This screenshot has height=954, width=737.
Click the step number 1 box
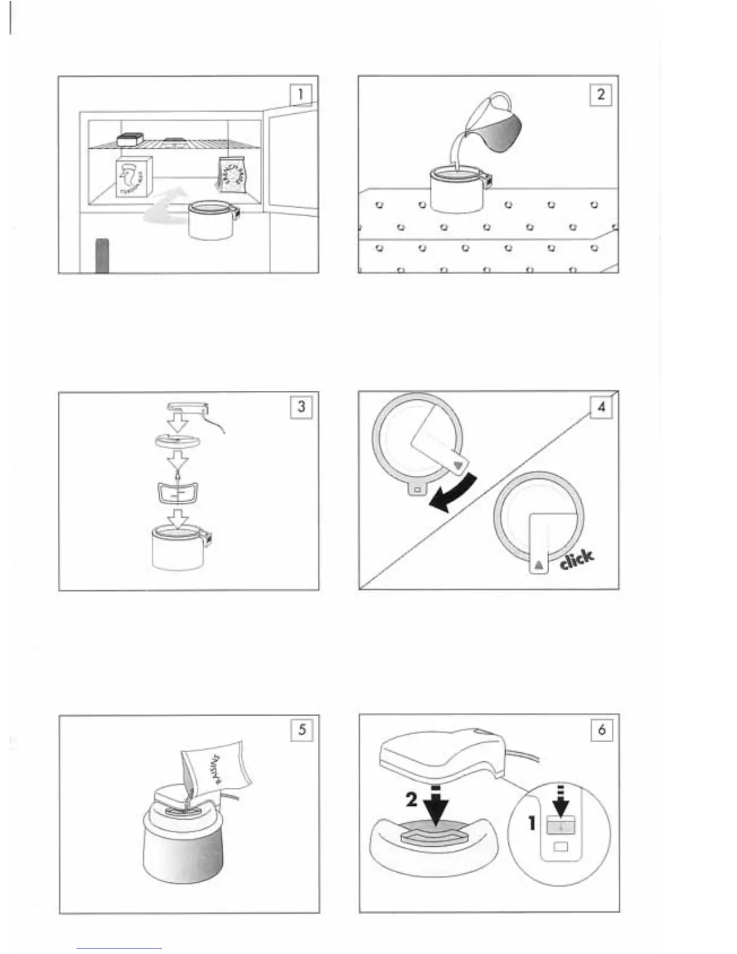point(300,94)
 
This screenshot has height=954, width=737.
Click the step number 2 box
point(600,95)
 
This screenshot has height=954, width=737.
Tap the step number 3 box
point(301,407)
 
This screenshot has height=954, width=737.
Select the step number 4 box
point(601,407)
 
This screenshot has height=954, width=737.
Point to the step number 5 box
point(302,730)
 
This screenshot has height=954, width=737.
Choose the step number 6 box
point(602,730)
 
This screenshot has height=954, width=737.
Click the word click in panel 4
point(576,559)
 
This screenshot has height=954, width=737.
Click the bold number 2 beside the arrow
point(412,799)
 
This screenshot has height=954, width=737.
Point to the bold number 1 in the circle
point(532,822)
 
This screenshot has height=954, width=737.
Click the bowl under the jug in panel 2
point(456,189)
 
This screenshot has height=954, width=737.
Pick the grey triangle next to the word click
point(538,564)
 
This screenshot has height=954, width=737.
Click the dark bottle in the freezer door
point(102,256)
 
